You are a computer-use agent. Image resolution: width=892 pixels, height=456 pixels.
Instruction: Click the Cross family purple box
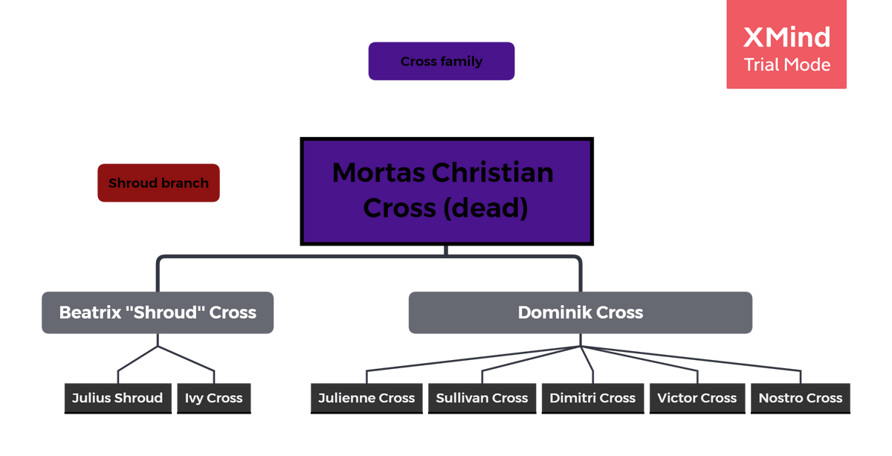pyautogui.click(x=442, y=61)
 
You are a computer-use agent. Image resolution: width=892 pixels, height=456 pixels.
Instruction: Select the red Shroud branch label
pyautogui.click(x=158, y=183)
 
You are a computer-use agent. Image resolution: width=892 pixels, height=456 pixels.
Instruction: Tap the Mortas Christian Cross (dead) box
pyautogui.click(x=446, y=191)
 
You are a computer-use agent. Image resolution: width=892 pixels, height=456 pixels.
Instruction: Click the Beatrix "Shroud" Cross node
pyautogui.click(x=158, y=312)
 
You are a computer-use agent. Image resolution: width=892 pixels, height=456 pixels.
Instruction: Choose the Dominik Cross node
pyautogui.click(x=580, y=312)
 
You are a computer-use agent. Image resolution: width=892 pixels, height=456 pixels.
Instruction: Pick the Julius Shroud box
pyautogui.click(x=117, y=398)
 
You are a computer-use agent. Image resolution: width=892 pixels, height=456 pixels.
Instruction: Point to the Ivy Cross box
pyautogui.click(x=214, y=398)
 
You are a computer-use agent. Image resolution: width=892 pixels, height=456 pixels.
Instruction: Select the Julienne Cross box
pyautogui.click(x=366, y=398)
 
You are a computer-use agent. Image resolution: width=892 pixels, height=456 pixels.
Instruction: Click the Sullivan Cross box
pyautogui.click(x=482, y=398)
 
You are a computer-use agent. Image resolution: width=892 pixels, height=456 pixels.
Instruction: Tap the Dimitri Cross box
pyautogui.click(x=592, y=398)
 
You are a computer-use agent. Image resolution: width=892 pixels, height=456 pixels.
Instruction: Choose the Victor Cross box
pyautogui.click(x=697, y=398)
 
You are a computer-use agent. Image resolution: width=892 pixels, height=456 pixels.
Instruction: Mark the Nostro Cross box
pyautogui.click(x=801, y=398)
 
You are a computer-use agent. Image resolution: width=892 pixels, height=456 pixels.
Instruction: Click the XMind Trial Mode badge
pyautogui.click(x=786, y=46)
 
